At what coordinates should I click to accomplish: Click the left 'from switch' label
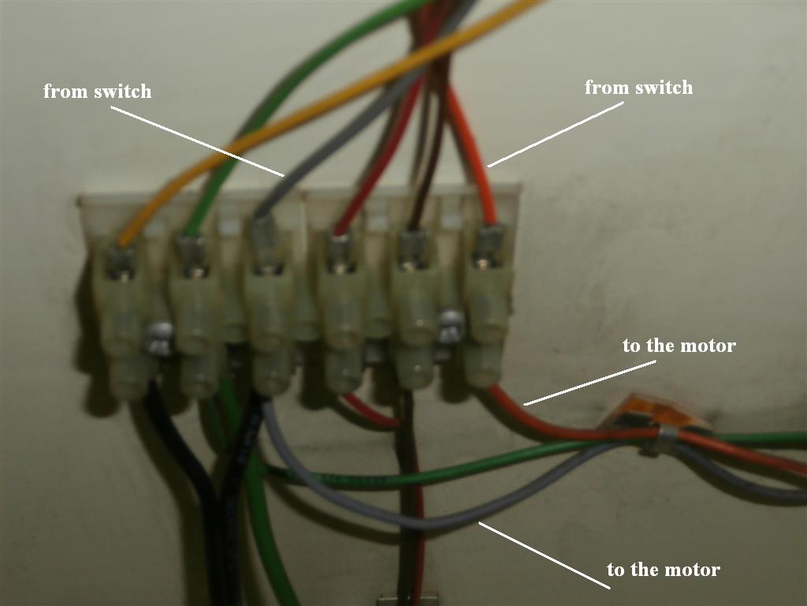tap(97, 92)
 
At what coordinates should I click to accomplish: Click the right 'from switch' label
tap(638, 88)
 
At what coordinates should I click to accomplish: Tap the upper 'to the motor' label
tap(679, 346)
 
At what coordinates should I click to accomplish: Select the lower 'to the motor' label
tap(663, 570)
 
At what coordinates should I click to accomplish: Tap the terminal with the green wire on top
tap(192, 300)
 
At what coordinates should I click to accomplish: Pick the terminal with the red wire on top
tap(342, 300)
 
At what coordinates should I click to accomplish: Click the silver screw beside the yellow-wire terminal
tap(158, 337)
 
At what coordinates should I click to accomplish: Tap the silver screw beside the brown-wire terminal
tap(451, 325)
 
